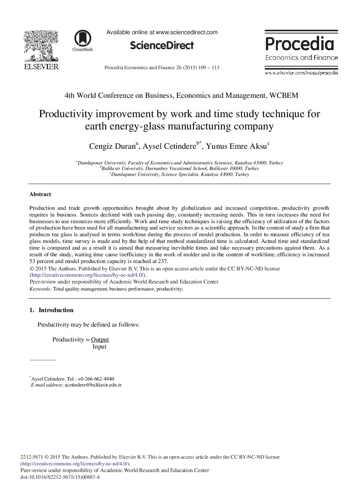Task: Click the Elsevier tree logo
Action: pyautogui.click(x=41, y=46)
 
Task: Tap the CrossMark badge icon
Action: pyautogui.click(x=83, y=39)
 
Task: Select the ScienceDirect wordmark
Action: pyautogui.click(x=162, y=45)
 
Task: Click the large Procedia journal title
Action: pyautogui.click(x=300, y=44)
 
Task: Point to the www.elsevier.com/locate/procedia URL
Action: pyautogui.click(x=301, y=73)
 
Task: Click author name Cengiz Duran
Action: pyautogui.click(x=112, y=146)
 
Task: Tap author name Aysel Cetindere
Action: pyautogui.click(x=169, y=146)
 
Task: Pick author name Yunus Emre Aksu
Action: pyautogui.click(x=236, y=146)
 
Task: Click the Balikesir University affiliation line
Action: pyautogui.click(x=180, y=169)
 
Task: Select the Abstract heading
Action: pyautogui.click(x=40, y=194)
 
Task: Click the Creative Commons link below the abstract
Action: pyautogui.click(x=88, y=275)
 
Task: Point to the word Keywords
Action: pyautogui.click(x=40, y=289)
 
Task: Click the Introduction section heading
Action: pyautogui.click(x=56, y=310)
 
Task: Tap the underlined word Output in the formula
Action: pyautogui.click(x=100, y=340)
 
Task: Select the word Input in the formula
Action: pyautogui.click(x=99, y=347)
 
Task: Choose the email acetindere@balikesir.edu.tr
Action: pyautogui.click(x=93, y=385)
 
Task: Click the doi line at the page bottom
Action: pyautogui.click(x=60, y=477)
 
